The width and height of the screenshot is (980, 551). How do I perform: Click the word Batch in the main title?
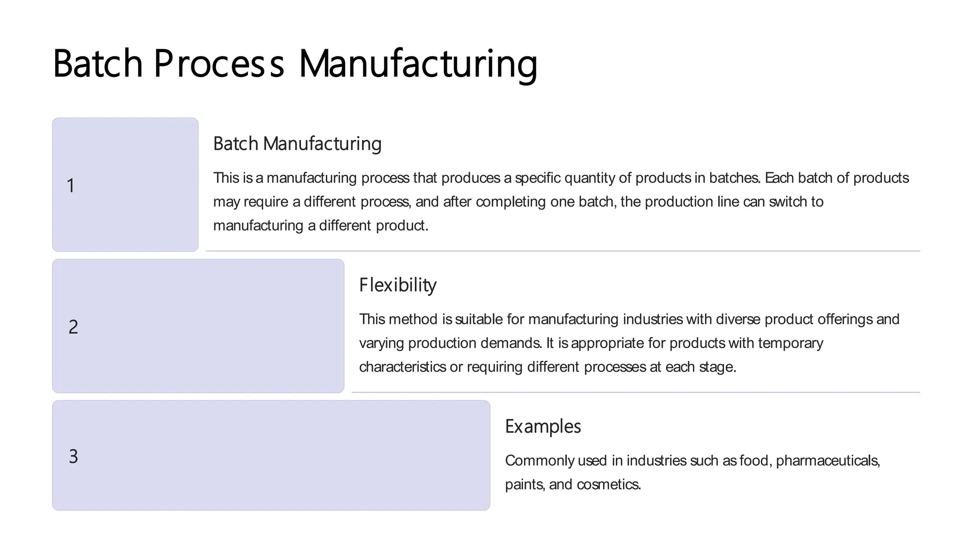98,63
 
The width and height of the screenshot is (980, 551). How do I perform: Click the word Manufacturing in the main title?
418,63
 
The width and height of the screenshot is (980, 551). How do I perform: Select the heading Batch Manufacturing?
297,143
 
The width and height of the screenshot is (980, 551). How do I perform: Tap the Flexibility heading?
398,285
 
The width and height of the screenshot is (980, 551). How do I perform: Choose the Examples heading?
543,426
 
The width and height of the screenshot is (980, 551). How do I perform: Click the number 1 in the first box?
71,186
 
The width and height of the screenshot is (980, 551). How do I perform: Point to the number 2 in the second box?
73,327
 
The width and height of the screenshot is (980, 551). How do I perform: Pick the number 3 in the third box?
73,456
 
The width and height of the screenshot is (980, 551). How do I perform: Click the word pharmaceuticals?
827,461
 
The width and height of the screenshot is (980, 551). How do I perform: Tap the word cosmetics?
609,485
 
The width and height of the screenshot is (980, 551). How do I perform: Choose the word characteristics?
403,367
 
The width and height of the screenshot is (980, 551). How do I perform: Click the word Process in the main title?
219,63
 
